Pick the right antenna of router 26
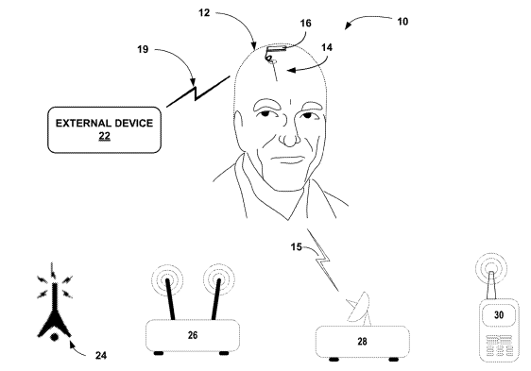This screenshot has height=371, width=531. coord(215,295)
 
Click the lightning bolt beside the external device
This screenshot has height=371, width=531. coord(195,92)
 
